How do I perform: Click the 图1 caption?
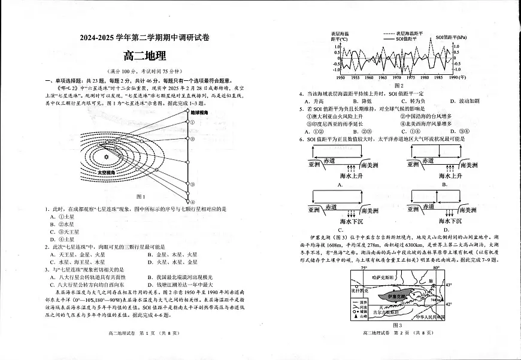coord(141,196)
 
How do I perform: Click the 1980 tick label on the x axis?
coord(425,77)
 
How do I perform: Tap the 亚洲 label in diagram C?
coord(315,211)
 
